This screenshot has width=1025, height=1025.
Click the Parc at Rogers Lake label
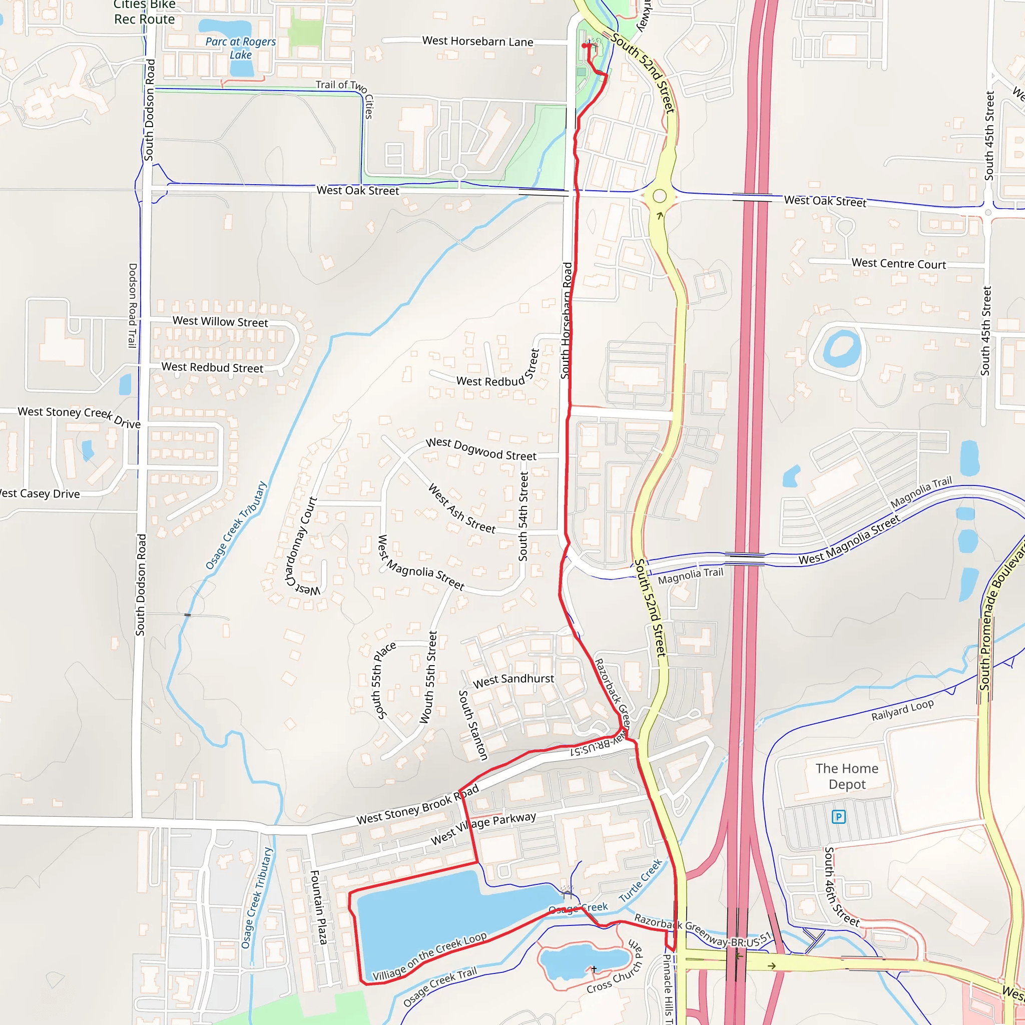tap(240, 48)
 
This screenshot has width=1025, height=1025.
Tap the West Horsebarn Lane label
tap(477, 42)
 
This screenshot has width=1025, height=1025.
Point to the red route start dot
tap(584, 46)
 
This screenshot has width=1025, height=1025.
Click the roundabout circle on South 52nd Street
tap(660, 196)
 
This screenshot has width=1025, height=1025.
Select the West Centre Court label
tap(898, 264)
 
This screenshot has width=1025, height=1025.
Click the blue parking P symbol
tap(838, 816)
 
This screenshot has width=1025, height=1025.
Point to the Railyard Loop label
tap(902, 710)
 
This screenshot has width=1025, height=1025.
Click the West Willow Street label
tap(220, 321)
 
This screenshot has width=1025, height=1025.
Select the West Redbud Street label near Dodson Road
tap(212, 367)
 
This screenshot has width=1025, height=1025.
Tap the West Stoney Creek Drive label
tap(79, 417)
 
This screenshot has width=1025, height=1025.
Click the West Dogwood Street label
tap(480, 449)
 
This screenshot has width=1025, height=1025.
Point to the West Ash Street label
tap(461, 508)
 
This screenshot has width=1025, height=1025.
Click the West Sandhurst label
tap(513, 680)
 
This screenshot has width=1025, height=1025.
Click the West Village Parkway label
tap(483, 828)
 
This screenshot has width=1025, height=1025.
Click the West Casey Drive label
tap(40, 493)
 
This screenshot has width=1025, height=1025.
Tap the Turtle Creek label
tap(640, 880)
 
